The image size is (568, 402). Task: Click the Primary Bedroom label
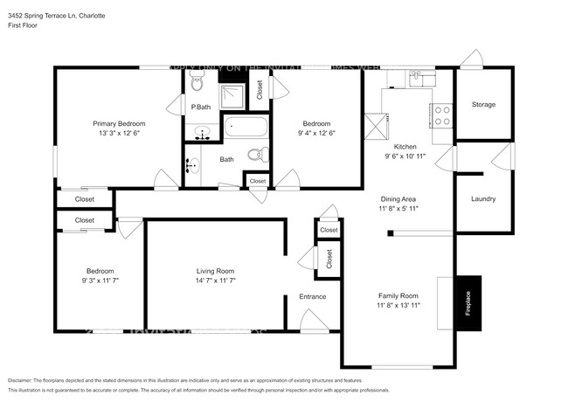click(x=120, y=124)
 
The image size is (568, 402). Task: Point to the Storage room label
click(x=483, y=105)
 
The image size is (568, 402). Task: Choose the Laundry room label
click(x=483, y=198)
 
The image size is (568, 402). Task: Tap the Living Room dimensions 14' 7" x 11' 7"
click(x=215, y=281)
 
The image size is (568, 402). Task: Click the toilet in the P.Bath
click(x=196, y=85)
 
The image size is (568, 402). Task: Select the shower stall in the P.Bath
click(x=232, y=94)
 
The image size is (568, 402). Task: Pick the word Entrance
click(x=312, y=296)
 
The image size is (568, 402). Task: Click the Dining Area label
click(x=397, y=199)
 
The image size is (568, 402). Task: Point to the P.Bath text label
click(x=201, y=107)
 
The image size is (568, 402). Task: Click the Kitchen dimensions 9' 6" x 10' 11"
click(x=405, y=156)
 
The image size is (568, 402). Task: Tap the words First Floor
click(x=24, y=26)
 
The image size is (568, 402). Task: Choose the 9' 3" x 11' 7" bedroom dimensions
click(x=99, y=281)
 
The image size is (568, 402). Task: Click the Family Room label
click(x=398, y=295)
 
